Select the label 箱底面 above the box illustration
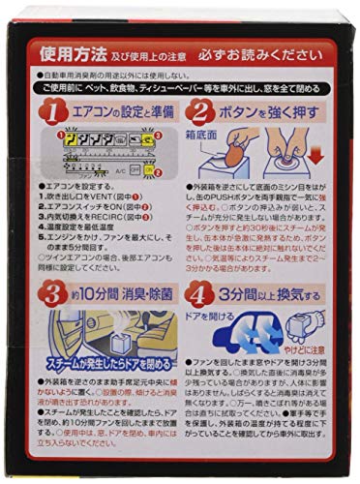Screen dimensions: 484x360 (211, 135)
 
